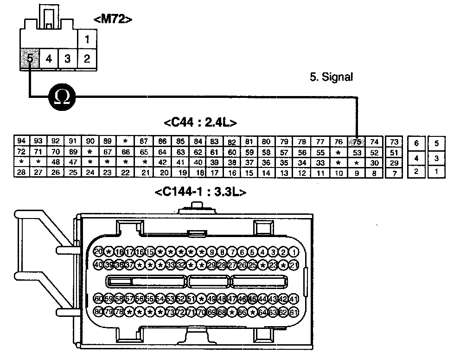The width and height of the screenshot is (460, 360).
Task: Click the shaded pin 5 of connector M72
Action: point(30,59)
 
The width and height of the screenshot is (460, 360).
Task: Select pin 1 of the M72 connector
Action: point(87,39)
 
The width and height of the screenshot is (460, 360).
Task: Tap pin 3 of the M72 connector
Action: point(68,59)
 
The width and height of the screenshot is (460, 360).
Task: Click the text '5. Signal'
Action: point(331,77)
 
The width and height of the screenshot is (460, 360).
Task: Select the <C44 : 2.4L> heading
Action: point(200,123)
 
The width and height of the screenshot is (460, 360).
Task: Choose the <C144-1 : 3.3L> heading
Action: point(200,192)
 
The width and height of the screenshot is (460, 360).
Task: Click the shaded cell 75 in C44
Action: point(357,141)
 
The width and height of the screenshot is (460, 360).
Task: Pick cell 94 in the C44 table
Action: point(21,141)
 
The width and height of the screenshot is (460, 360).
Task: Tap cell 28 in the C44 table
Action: point(21,173)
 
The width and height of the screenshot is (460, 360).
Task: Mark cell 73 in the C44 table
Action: point(394,141)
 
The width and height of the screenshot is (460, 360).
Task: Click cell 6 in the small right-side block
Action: point(416,144)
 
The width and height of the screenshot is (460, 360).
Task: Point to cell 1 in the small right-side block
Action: point(436,171)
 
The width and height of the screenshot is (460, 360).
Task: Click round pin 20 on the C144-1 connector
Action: point(98,252)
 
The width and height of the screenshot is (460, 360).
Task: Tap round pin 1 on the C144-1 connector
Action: point(294,252)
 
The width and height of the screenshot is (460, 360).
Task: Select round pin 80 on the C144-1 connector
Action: point(98,311)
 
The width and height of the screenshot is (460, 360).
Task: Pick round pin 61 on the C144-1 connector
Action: point(294,311)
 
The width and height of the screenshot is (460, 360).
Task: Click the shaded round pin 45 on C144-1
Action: point(253,299)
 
